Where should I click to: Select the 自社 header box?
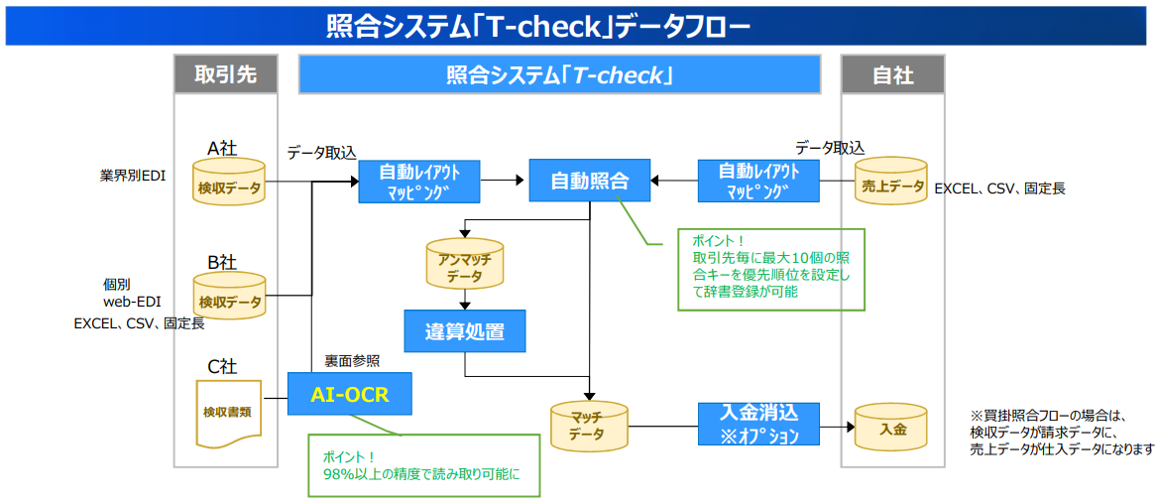click(x=892, y=74)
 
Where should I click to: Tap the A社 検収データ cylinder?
click(x=229, y=183)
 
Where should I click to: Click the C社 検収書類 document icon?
click(x=229, y=411)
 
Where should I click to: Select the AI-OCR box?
click(x=349, y=394)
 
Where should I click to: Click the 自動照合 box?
click(x=589, y=181)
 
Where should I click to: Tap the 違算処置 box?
click(x=464, y=331)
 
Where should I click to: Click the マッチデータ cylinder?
click(x=590, y=428)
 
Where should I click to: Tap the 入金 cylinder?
click(x=892, y=428)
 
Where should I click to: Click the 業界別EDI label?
click(x=133, y=177)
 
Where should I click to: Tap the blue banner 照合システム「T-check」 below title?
click(x=559, y=74)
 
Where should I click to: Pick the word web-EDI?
click(x=132, y=302)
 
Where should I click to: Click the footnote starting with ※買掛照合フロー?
click(x=1062, y=433)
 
